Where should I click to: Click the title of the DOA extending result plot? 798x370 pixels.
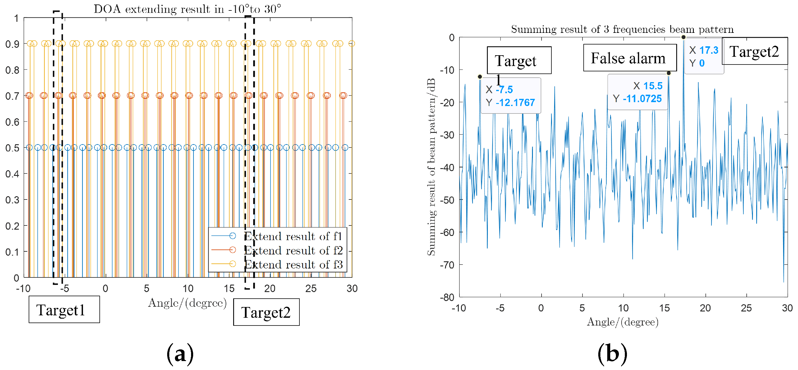pyautogui.click(x=187, y=9)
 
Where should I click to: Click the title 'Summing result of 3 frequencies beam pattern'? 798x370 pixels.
pyautogui.click(x=622, y=29)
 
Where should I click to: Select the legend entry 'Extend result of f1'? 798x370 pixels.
pyautogui.click(x=293, y=236)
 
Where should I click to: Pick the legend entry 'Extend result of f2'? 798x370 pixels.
pyautogui.click(x=293, y=250)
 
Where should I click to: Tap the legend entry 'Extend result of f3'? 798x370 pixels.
pyautogui.click(x=293, y=264)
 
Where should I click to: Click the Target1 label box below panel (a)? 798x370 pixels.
pyautogui.click(x=64, y=310)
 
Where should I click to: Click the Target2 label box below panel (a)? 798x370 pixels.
pyautogui.click(x=266, y=312)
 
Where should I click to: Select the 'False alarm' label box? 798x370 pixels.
pyautogui.click(x=630, y=58)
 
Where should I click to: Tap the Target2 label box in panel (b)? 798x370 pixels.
pyautogui.click(x=754, y=51)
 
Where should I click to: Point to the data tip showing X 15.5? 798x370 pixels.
pyautogui.click(x=637, y=92)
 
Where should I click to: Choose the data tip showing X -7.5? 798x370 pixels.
pyautogui.click(x=510, y=96)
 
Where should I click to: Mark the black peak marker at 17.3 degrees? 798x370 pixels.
pyautogui.click(x=683, y=37)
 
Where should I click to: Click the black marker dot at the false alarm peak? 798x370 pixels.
pyautogui.click(x=668, y=73)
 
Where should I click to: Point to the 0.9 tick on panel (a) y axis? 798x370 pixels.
pyautogui.click(x=12, y=44)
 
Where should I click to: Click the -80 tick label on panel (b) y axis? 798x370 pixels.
pyautogui.click(x=447, y=297)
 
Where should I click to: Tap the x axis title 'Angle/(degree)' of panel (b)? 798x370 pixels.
pyautogui.click(x=623, y=322)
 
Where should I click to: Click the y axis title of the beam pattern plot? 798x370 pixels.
pyautogui.click(x=431, y=167)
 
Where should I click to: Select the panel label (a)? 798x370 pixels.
pyautogui.click(x=180, y=354)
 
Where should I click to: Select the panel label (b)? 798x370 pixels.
pyautogui.click(x=612, y=354)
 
